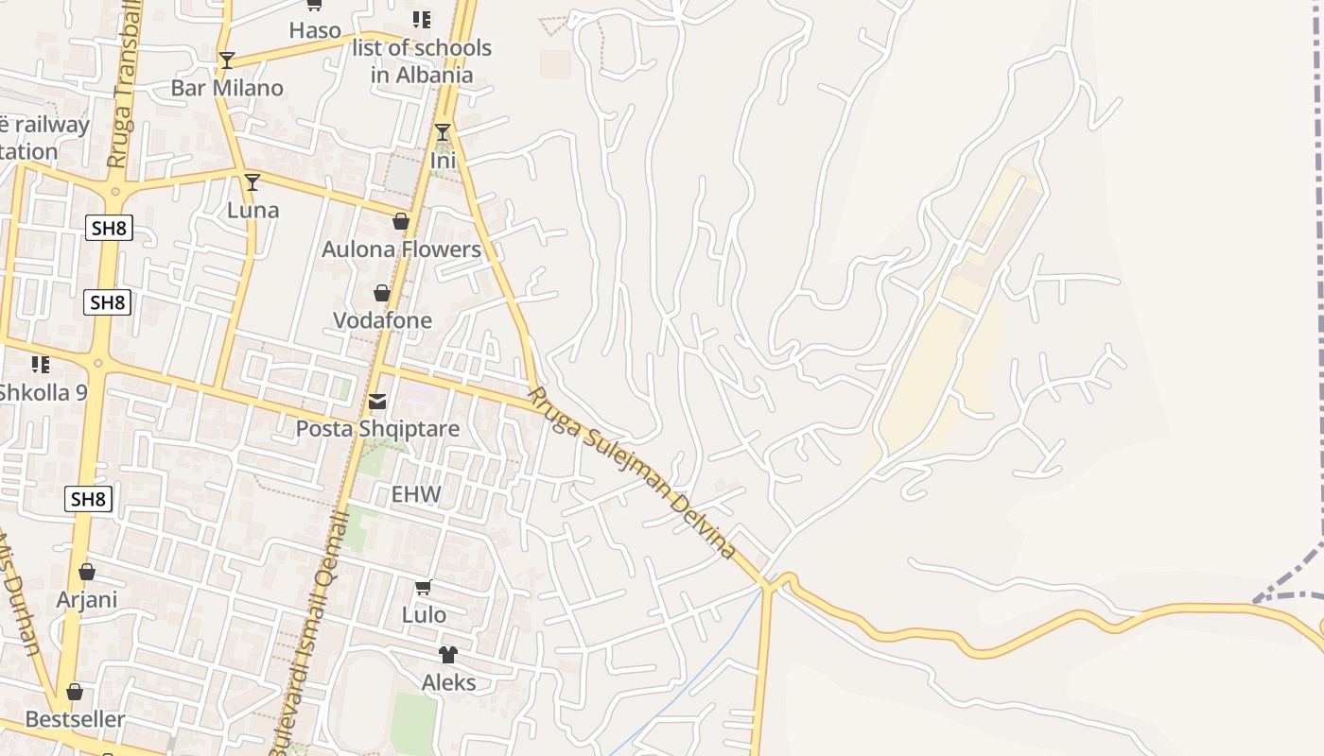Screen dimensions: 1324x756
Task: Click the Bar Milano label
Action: [227, 88]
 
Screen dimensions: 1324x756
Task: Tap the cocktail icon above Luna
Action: [252, 182]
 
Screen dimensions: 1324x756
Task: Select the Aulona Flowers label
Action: [401, 249]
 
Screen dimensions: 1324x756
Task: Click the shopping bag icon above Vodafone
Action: [382, 294]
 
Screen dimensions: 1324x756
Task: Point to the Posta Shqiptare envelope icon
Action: [377, 402]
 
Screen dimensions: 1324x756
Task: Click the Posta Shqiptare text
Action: [377, 429]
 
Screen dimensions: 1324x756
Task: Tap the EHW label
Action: [416, 494]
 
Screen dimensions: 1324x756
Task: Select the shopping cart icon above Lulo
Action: [424, 588]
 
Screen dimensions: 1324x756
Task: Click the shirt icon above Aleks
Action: [447, 655]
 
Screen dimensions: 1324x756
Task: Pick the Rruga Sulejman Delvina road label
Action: [632, 472]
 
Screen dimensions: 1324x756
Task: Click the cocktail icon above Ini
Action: [443, 132]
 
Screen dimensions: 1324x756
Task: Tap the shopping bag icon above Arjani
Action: [87, 572]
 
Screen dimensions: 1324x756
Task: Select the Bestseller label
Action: [75, 719]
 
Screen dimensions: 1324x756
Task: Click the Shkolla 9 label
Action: [43, 392]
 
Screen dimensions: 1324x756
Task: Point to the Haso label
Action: [315, 30]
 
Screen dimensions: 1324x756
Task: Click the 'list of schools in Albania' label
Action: [422, 60]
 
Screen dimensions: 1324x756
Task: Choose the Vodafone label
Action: [382, 320]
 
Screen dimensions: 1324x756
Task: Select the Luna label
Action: [253, 210]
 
